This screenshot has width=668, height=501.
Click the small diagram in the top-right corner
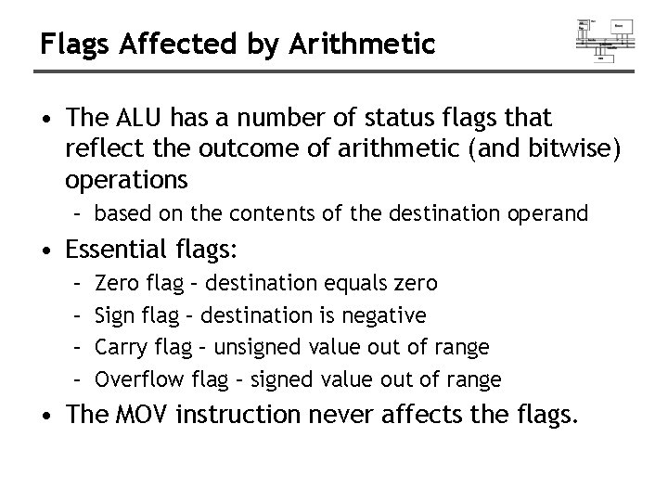coord(605,39)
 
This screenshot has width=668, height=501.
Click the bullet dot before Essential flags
coord(56,249)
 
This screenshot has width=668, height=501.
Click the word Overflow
coord(139,379)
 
